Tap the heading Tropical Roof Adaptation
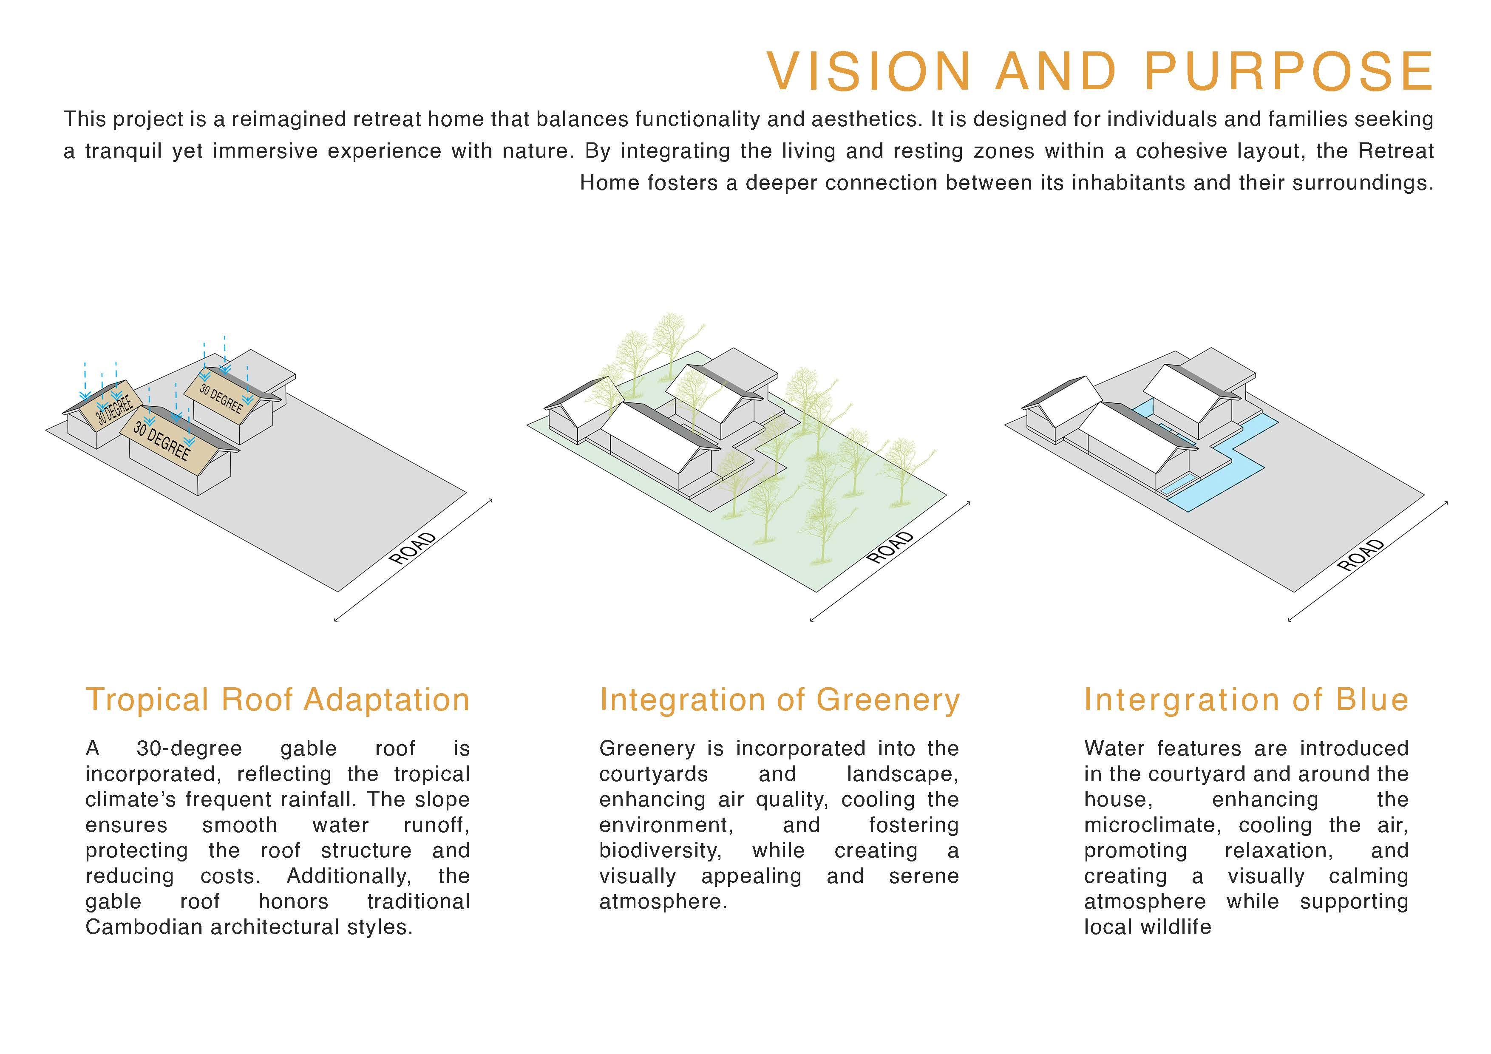coord(277,700)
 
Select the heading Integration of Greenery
coord(779,700)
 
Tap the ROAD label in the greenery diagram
coord(890,547)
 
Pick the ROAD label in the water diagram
coord(1361,555)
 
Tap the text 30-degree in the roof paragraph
coord(189,749)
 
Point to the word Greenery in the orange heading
coord(888,700)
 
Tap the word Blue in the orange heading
coord(1372,700)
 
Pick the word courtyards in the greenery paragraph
coord(653,774)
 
